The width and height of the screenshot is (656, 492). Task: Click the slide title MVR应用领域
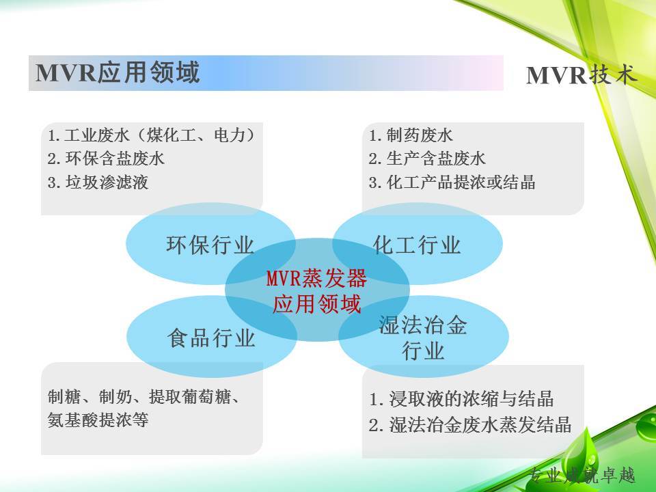click(x=118, y=72)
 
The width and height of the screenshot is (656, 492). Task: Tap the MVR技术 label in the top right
click(x=581, y=76)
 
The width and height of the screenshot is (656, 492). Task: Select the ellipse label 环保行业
click(x=210, y=245)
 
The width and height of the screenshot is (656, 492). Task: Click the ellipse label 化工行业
click(x=417, y=245)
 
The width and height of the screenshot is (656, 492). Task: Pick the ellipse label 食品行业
click(x=211, y=338)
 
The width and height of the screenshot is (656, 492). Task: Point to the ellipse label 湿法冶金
click(x=423, y=325)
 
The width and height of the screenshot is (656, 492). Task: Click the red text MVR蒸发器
click(x=316, y=278)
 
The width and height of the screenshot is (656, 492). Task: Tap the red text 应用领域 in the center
click(x=316, y=304)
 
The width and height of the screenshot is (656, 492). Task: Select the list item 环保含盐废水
click(x=115, y=159)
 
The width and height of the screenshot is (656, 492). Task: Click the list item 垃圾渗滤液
click(x=107, y=182)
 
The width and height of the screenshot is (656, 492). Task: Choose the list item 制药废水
click(x=420, y=135)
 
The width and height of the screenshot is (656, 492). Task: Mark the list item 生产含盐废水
click(x=436, y=159)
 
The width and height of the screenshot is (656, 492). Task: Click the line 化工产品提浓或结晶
click(x=461, y=182)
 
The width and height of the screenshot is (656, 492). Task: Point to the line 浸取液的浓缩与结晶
click(x=471, y=398)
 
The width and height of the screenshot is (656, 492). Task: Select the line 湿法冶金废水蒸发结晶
click(x=480, y=424)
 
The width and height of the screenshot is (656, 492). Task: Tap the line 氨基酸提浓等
click(x=98, y=420)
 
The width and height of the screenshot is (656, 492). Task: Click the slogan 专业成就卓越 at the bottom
click(x=582, y=476)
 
